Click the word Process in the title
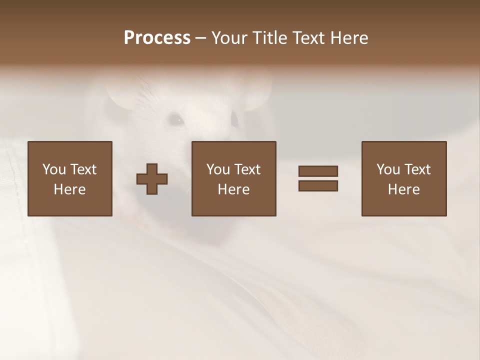click(x=157, y=38)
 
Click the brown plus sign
click(x=152, y=179)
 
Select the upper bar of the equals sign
click(x=318, y=171)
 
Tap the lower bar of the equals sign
click(x=318, y=186)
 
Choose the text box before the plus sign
click(x=70, y=178)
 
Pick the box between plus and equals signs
click(x=234, y=178)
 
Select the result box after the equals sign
click(x=404, y=178)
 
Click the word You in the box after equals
click(x=388, y=169)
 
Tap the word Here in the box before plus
click(x=70, y=189)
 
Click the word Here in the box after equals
click(x=404, y=189)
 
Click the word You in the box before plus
click(x=54, y=169)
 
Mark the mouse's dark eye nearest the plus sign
click(x=175, y=120)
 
